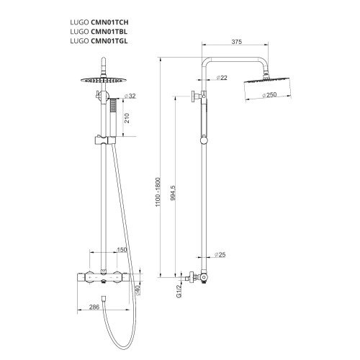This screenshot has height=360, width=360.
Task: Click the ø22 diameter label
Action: pos(222,77)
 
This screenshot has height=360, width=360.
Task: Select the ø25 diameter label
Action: pos(220,253)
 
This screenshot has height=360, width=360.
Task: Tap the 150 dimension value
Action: pos(122,250)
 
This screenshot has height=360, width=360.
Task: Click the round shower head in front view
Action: pos(103,78)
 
